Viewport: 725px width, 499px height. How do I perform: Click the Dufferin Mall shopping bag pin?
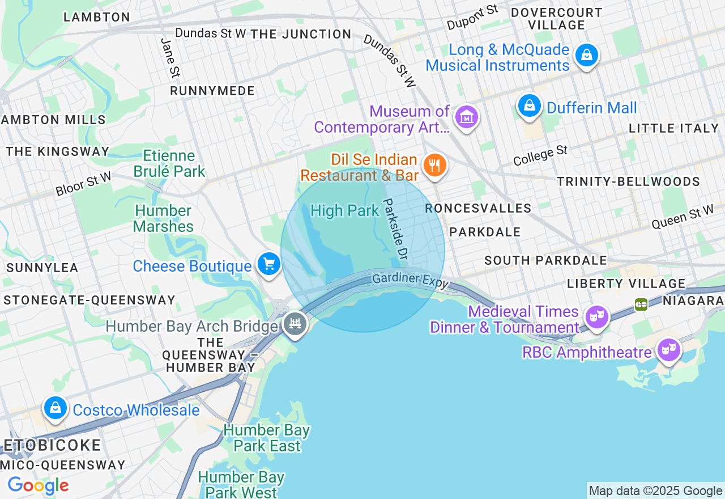coord(530,106)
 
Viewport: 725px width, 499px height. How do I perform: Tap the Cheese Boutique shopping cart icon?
coord(269,264)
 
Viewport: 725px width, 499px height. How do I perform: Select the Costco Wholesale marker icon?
coord(56,408)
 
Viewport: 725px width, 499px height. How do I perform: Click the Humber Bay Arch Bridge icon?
coord(295,324)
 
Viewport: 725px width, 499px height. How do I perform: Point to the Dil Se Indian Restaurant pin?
coord(434,166)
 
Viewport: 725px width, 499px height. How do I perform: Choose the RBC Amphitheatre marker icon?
coord(669,350)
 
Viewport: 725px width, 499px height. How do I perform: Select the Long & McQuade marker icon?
coord(586,56)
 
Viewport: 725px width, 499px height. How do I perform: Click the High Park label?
coord(344,211)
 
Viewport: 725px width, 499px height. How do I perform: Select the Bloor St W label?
coord(83,184)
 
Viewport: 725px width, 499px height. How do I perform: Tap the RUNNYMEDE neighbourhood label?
coord(212,91)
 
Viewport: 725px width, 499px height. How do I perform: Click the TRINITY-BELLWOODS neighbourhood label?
coord(628,182)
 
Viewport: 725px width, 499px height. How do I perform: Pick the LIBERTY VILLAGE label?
coord(626,284)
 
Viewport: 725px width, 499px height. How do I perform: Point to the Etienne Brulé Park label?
coord(169,163)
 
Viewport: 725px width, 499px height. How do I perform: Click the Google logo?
coord(38,485)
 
